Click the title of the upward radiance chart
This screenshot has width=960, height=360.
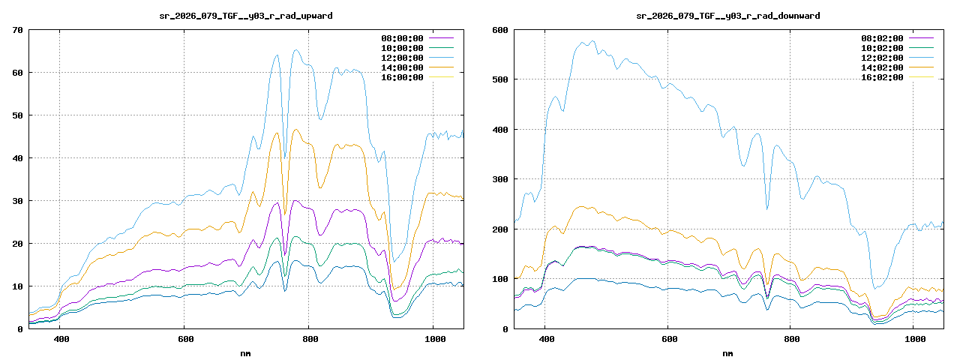(247, 15)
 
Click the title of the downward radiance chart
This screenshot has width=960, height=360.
(728, 15)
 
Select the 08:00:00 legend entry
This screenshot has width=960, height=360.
(402, 37)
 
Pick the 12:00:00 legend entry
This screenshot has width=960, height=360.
(402, 57)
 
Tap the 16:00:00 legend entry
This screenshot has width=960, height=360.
(402, 76)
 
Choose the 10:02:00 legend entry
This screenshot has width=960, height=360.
(883, 47)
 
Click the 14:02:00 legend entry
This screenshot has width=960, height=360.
(883, 67)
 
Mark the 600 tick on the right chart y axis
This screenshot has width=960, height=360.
(499, 30)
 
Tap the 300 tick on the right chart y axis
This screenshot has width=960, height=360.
(499, 179)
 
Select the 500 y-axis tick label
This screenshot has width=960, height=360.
(499, 79)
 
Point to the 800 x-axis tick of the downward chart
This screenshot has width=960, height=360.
(792, 339)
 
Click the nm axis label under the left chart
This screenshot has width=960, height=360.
(247, 352)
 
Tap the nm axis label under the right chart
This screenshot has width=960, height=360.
(728, 352)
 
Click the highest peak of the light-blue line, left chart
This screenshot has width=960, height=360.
(295, 50)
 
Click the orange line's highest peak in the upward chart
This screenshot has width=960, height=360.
(295, 129)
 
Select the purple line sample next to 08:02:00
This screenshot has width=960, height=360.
(922, 37)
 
